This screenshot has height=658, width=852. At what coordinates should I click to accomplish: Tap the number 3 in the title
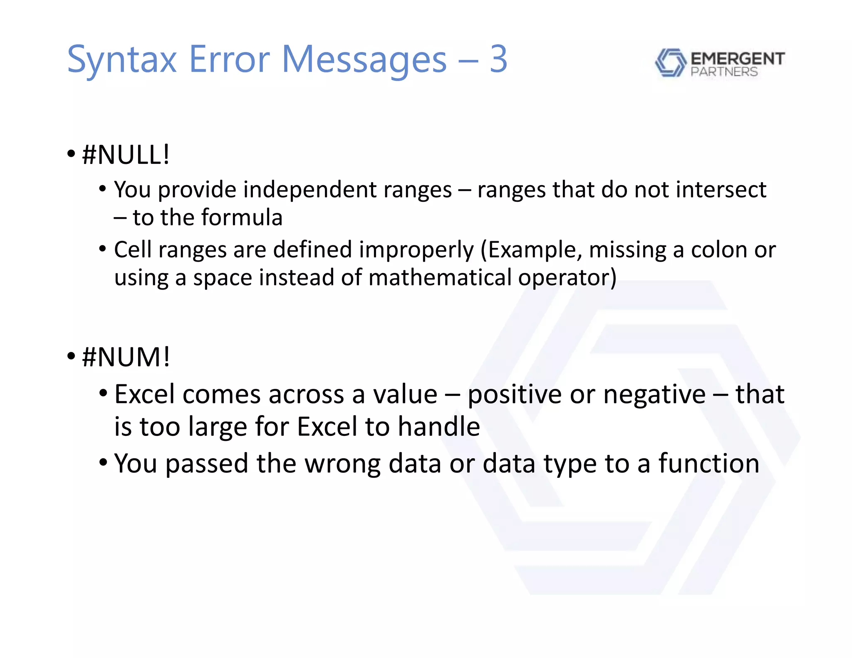click(498, 59)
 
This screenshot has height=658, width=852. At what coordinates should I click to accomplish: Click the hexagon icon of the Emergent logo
click(670, 62)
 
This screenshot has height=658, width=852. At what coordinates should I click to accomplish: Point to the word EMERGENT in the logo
click(738, 59)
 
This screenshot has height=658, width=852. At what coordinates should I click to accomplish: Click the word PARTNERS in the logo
click(724, 72)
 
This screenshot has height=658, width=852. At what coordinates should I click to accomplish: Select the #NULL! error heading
click(126, 155)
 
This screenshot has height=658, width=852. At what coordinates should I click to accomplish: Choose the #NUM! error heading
click(126, 357)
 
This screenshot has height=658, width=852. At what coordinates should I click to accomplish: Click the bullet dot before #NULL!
click(71, 154)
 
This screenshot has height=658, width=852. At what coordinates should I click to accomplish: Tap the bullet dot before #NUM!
click(71, 356)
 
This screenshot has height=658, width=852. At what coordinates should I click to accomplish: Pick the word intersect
click(721, 190)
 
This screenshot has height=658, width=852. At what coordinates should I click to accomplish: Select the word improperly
click(416, 250)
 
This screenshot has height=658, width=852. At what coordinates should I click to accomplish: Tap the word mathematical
click(440, 277)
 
